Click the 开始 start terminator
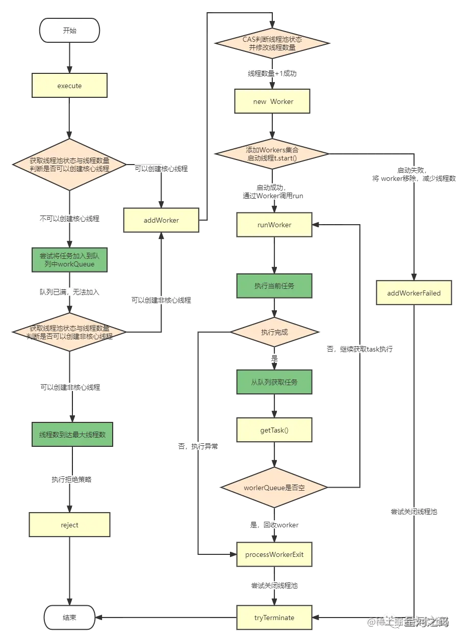(69, 31)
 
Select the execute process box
(70, 86)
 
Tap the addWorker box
(161, 220)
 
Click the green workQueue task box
(70, 260)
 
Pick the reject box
(70, 525)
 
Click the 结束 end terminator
(70, 618)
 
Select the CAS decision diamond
(272, 43)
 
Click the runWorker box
(274, 225)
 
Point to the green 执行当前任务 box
(274, 286)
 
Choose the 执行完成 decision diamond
(274, 332)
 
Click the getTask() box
(274, 430)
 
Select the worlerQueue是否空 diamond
(274, 488)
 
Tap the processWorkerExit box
(274, 554)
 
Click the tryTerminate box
(274, 618)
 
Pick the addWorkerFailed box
(414, 293)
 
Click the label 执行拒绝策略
(72, 479)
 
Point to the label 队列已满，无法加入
(70, 292)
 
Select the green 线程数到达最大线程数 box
(72, 435)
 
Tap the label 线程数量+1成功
(272, 73)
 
